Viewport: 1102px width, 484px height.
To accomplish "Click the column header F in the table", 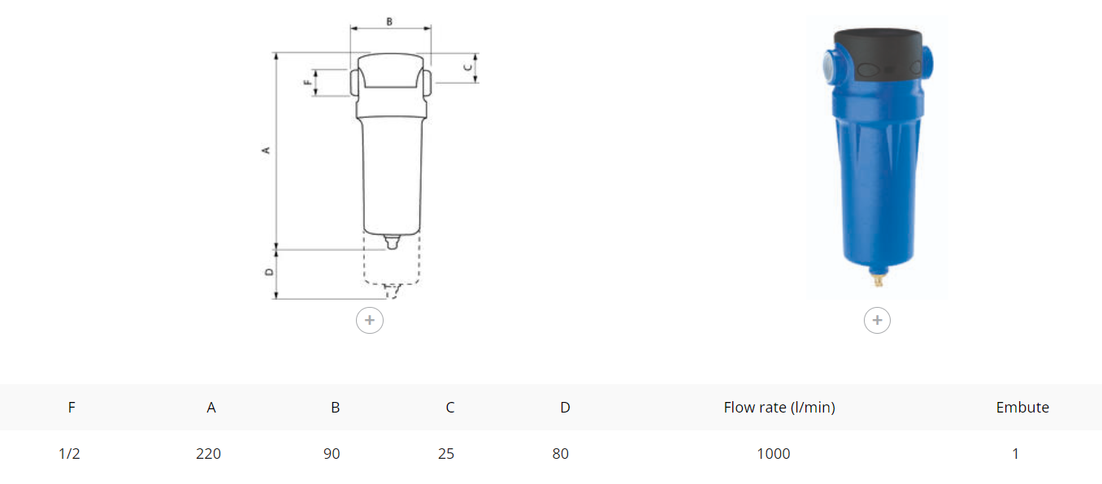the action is pos(72,408).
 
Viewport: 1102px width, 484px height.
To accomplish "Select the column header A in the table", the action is pos(211,408).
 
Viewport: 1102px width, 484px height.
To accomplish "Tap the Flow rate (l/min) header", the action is pos(779,408).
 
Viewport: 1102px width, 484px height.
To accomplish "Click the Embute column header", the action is pos(1022,408).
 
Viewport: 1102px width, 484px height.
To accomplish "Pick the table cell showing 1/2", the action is pos(69,453).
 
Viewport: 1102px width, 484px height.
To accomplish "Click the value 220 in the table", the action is pos(208,453).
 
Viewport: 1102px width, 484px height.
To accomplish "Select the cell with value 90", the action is pos(332,453).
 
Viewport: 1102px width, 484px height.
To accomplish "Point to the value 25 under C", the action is pos(445,453).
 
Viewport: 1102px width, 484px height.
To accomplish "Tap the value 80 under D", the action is pos(561,453).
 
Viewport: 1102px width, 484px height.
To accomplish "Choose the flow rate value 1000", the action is pos(774,453).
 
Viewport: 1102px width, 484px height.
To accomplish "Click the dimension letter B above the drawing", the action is pos(389,22).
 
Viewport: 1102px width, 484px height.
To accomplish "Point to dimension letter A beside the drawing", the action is pos(266,150).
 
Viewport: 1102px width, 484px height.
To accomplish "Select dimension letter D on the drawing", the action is pos(269,272).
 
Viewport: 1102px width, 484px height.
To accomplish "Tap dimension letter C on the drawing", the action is pos(468,67).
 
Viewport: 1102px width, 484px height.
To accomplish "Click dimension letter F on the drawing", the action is pos(308,83).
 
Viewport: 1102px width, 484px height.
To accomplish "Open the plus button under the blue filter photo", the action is pos(877,321).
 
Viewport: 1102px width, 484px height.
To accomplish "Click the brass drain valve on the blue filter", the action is pos(879,279).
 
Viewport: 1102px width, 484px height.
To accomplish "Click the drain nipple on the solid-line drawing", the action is pos(392,242).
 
